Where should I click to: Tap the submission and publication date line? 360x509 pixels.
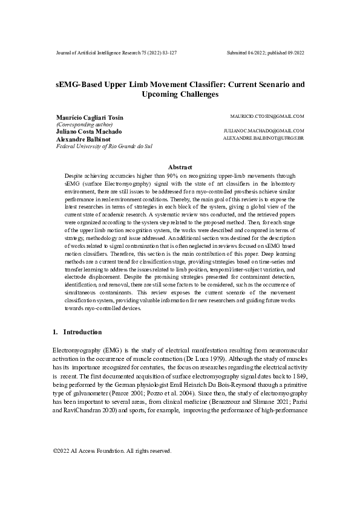click(x=265, y=53)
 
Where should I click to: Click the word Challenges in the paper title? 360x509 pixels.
click(x=179, y=95)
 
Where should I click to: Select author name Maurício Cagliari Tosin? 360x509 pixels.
click(x=90, y=117)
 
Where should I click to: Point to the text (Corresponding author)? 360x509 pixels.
click(x=84, y=125)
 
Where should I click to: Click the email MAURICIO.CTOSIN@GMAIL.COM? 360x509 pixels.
click(x=267, y=115)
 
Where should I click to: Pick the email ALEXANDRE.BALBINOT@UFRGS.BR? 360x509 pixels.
click(x=263, y=138)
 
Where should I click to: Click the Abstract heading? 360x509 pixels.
click(x=180, y=167)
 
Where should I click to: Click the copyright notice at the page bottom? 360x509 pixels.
click(x=113, y=467)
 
